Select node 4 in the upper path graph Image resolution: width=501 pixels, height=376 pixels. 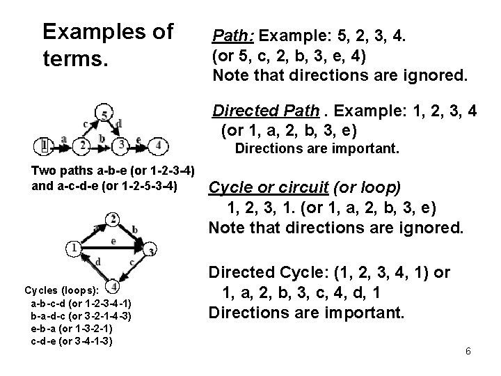point(159,146)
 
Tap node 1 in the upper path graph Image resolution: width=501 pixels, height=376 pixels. point(45,146)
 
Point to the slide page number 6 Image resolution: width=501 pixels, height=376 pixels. point(468,350)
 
